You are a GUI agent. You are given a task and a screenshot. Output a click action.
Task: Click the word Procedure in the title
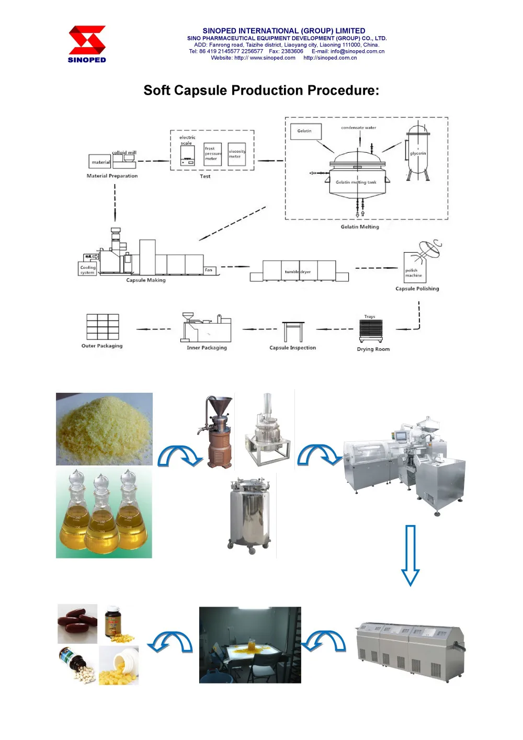(x=343, y=90)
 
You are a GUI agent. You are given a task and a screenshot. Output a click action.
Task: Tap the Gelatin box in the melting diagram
(x=305, y=131)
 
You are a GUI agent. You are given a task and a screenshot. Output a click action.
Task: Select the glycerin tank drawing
(x=418, y=152)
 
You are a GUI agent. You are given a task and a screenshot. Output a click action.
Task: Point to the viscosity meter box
(x=236, y=154)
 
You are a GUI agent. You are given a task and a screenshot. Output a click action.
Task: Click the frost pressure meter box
(x=212, y=154)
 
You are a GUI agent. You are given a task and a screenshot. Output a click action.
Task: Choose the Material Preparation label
(x=112, y=176)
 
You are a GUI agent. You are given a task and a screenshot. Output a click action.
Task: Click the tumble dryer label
(x=298, y=272)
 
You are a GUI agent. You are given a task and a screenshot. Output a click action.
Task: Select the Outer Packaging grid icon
(x=103, y=327)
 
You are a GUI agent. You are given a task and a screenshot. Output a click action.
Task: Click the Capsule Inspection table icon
(x=293, y=332)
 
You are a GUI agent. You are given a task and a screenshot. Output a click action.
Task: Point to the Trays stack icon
(x=371, y=330)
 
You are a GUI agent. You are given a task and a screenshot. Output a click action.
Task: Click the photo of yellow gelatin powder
(x=104, y=429)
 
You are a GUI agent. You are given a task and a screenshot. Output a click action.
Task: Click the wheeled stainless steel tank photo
(x=250, y=515)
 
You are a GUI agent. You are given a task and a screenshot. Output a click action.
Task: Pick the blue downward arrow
(x=411, y=554)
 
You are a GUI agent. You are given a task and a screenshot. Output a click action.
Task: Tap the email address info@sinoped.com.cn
(x=357, y=51)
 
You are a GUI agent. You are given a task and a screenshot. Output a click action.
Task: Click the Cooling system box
(x=87, y=269)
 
